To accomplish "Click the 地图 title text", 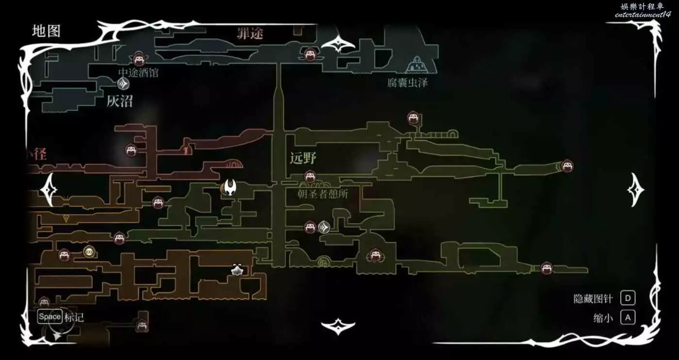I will (x=46, y=31).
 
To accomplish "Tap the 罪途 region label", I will (x=250, y=33).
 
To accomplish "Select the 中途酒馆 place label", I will (x=138, y=73).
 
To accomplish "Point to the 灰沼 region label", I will (x=120, y=101).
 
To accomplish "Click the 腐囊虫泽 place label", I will (x=407, y=82).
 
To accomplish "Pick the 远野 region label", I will (x=303, y=158).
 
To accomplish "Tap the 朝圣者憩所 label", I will (x=323, y=194).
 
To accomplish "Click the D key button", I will (x=628, y=298).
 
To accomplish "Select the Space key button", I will (x=50, y=317).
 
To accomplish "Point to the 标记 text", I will (x=74, y=317).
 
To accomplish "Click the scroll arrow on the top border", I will (x=338, y=44).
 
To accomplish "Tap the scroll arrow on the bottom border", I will (x=338, y=326).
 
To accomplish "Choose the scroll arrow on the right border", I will (x=636, y=189).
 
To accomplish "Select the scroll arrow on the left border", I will (x=49, y=190).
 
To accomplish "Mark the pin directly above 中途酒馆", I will (x=140, y=59).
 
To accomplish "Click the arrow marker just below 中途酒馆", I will (x=124, y=84).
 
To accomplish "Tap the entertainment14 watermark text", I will (x=642, y=15).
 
